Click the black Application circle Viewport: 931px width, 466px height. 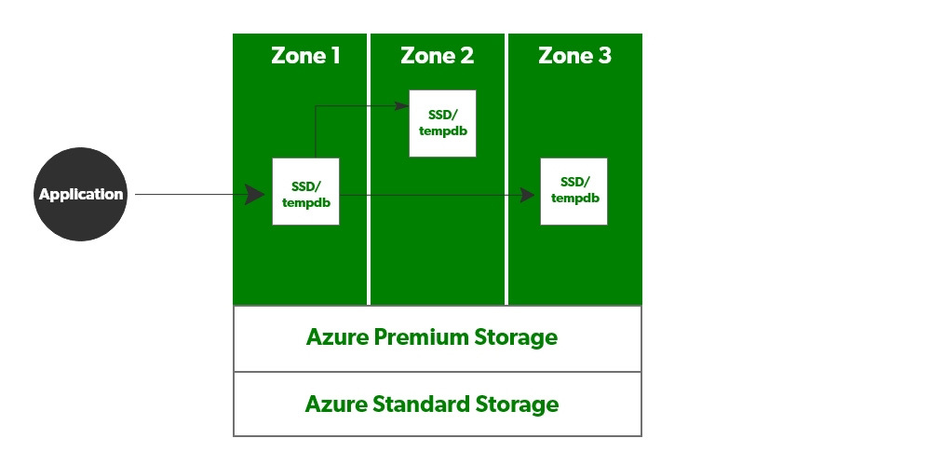(80, 195)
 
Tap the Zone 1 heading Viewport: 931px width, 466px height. (305, 56)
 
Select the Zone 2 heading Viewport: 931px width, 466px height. (437, 56)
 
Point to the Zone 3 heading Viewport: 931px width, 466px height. (574, 56)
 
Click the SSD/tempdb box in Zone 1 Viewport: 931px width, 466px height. (305, 191)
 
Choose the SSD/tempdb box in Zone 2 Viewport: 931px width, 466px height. (442, 123)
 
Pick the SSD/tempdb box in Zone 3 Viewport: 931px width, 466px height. (573, 191)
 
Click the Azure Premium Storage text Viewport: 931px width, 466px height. (432, 337)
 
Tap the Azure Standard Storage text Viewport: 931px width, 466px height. (432, 404)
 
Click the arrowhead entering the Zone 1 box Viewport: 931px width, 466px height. (255, 195)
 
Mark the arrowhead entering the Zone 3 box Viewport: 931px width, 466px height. (527, 195)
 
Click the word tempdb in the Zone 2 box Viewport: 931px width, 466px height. (442, 130)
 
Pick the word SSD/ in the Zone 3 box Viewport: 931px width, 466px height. (574, 183)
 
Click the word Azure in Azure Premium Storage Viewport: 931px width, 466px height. (336, 337)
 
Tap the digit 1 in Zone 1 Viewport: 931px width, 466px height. (334, 56)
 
